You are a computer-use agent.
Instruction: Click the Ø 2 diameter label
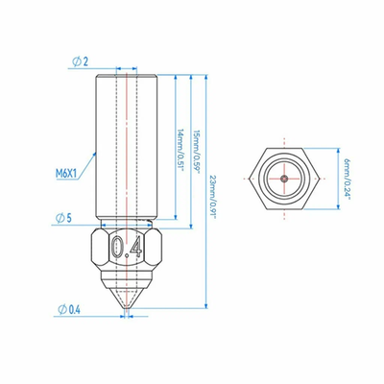click(x=79, y=61)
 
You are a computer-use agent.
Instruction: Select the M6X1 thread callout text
click(x=68, y=174)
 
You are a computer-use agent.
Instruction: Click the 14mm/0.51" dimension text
click(x=180, y=148)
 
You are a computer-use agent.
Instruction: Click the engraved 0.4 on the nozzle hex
click(x=127, y=249)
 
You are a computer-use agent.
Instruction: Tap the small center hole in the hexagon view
click(x=285, y=179)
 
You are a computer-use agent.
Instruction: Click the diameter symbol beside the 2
click(x=74, y=61)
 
